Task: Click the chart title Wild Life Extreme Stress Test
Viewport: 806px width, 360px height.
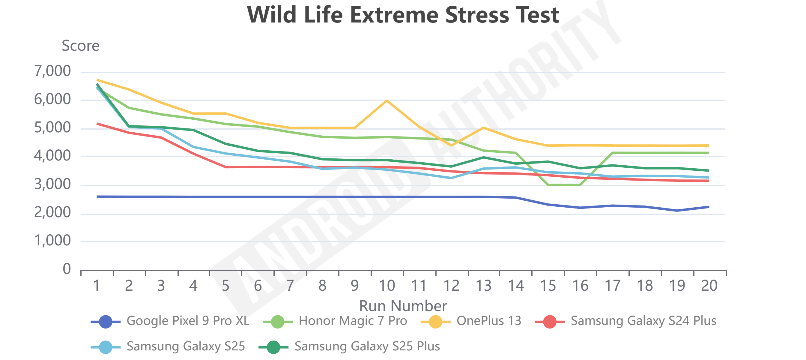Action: [x=403, y=15]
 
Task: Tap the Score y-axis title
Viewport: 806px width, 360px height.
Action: [x=80, y=46]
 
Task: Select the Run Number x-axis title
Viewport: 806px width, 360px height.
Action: [x=403, y=305]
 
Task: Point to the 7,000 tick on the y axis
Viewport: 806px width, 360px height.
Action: [x=52, y=71]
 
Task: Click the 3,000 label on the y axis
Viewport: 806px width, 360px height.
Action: [x=52, y=184]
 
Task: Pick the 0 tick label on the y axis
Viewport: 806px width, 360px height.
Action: [x=67, y=269]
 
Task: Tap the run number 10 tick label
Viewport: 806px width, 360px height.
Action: [x=387, y=286]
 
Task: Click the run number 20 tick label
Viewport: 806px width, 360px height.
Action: [x=709, y=286]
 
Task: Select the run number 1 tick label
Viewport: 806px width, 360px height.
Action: [x=96, y=286]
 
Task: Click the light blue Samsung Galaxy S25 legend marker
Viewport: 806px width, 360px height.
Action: [x=106, y=347]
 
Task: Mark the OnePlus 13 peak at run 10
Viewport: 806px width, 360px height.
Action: [x=387, y=100]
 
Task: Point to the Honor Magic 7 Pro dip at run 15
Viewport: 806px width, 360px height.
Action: [x=548, y=185]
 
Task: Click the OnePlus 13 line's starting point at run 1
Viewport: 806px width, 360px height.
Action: [x=97, y=80]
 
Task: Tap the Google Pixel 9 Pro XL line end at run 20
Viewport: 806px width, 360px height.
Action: [x=708, y=207]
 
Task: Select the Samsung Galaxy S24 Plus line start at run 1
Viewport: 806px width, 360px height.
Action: [x=97, y=124]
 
